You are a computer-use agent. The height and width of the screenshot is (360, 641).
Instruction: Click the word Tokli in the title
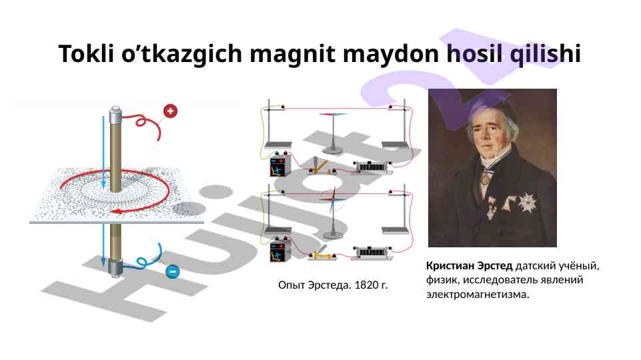(x=86, y=53)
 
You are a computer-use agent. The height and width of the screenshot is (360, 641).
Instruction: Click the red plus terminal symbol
(x=171, y=111)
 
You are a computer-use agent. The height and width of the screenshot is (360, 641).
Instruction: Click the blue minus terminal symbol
(x=173, y=271)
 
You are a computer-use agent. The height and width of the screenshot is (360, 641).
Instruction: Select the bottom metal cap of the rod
(x=115, y=269)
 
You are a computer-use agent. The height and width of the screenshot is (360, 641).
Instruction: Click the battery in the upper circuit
(x=280, y=165)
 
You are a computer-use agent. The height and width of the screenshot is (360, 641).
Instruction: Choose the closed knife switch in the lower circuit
(x=322, y=254)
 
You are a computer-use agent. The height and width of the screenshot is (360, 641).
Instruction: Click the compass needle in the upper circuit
(x=333, y=115)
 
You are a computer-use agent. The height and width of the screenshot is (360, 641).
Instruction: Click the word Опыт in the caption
(x=291, y=285)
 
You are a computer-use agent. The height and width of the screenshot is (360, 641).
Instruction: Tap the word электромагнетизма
(x=478, y=294)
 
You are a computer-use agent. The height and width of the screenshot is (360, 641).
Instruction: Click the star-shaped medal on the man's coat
(x=528, y=203)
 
